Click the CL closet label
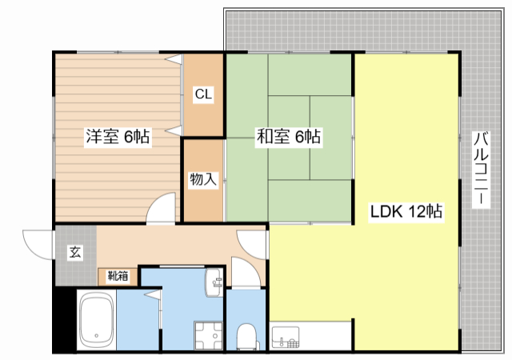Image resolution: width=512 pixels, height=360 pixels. point(203,94)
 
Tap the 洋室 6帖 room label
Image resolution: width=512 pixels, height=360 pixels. point(118,136)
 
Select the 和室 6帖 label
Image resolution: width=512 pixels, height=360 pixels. point(289,136)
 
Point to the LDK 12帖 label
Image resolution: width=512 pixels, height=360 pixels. point(406,211)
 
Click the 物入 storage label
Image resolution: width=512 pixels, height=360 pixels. point(203,179)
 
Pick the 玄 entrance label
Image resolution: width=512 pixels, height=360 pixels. point(75,252)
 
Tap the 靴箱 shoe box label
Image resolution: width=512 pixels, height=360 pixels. point(118,276)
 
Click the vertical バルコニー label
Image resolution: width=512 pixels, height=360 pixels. point(481,169)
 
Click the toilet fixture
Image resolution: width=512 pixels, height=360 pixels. point(247,337)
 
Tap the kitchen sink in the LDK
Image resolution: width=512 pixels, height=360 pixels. point(286,337)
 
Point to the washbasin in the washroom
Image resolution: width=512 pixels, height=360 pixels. point(214,282)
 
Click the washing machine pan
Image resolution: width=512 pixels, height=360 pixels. point(208,336)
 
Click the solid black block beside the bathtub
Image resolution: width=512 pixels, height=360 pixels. point(64,320)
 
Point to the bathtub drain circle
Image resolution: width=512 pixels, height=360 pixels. point(96,335)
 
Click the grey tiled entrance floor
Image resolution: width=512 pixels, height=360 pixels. point(76,255)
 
